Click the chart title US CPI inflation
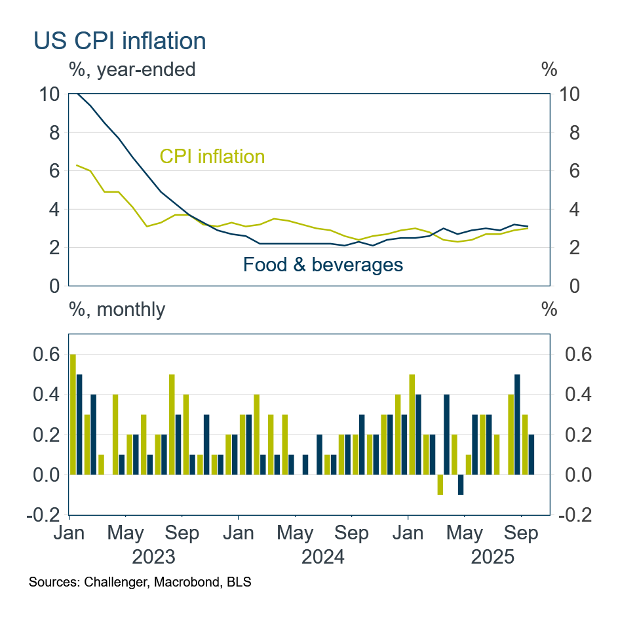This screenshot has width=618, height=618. click(x=120, y=41)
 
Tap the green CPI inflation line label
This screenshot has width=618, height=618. click(x=212, y=157)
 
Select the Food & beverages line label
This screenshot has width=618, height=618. click(x=322, y=265)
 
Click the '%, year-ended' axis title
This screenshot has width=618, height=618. click(x=132, y=69)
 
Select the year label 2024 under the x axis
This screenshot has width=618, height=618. click(x=322, y=557)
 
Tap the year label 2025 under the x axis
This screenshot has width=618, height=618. click(x=493, y=557)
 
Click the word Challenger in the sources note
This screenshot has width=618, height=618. click(x=114, y=582)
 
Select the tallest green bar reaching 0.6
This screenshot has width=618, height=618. click(x=73, y=414)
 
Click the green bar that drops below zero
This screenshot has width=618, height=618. click(x=440, y=485)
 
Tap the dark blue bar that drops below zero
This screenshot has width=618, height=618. click(x=461, y=485)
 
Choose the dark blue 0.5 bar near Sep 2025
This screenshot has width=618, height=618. click(x=517, y=425)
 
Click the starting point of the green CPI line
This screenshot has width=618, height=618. click(x=78, y=165)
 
